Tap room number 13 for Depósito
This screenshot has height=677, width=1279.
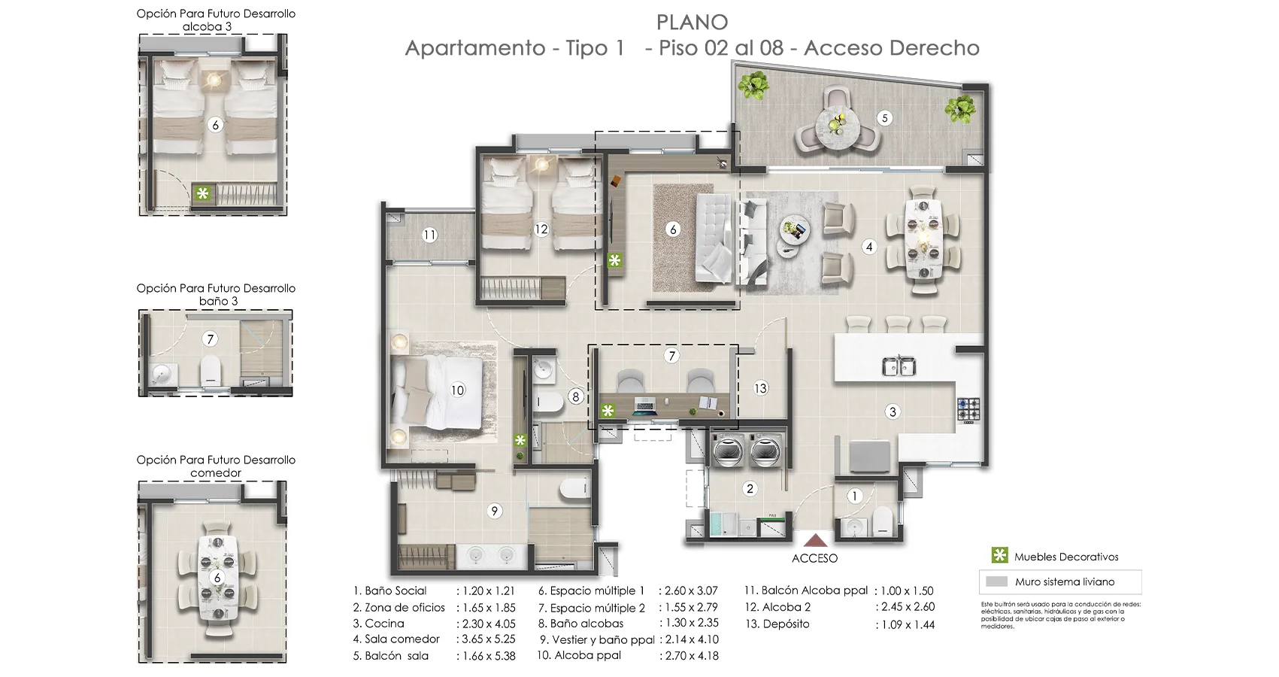tap(761, 388)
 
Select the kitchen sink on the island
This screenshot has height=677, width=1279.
tap(899, 367)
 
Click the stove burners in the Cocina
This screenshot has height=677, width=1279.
tap(968, 410)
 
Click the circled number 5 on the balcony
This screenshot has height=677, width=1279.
tap(885, 118)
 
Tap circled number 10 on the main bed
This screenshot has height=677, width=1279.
tap(458, 390)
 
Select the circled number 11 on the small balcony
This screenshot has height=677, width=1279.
tap(429, 235)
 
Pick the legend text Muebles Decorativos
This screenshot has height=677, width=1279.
tap(1066, 557)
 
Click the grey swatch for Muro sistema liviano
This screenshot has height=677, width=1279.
tap(996, 581)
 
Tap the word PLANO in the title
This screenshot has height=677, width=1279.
tap(692, 23)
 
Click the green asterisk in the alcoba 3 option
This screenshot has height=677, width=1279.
tap(202, 193)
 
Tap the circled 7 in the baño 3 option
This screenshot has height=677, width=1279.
tap(211, 339)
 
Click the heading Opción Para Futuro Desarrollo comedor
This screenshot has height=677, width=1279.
tap(216, 466)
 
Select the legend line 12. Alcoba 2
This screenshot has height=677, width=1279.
tap(777, 607)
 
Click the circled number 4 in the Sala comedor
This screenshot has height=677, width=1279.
tap(869, 246)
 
